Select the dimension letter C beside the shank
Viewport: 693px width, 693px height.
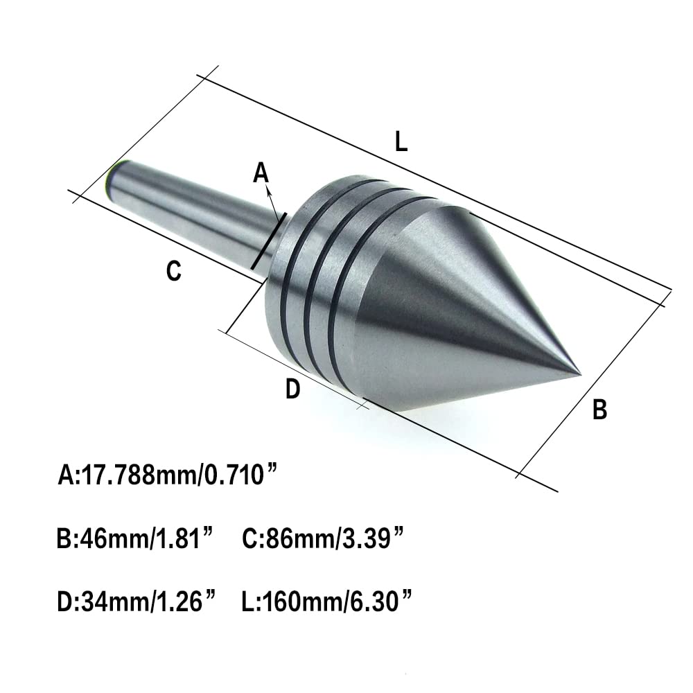pos(174,272)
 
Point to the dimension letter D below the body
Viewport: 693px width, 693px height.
pos(293,391)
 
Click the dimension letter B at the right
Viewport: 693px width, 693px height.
pos(600,410)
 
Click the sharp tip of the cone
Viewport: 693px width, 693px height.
pos(579,374)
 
